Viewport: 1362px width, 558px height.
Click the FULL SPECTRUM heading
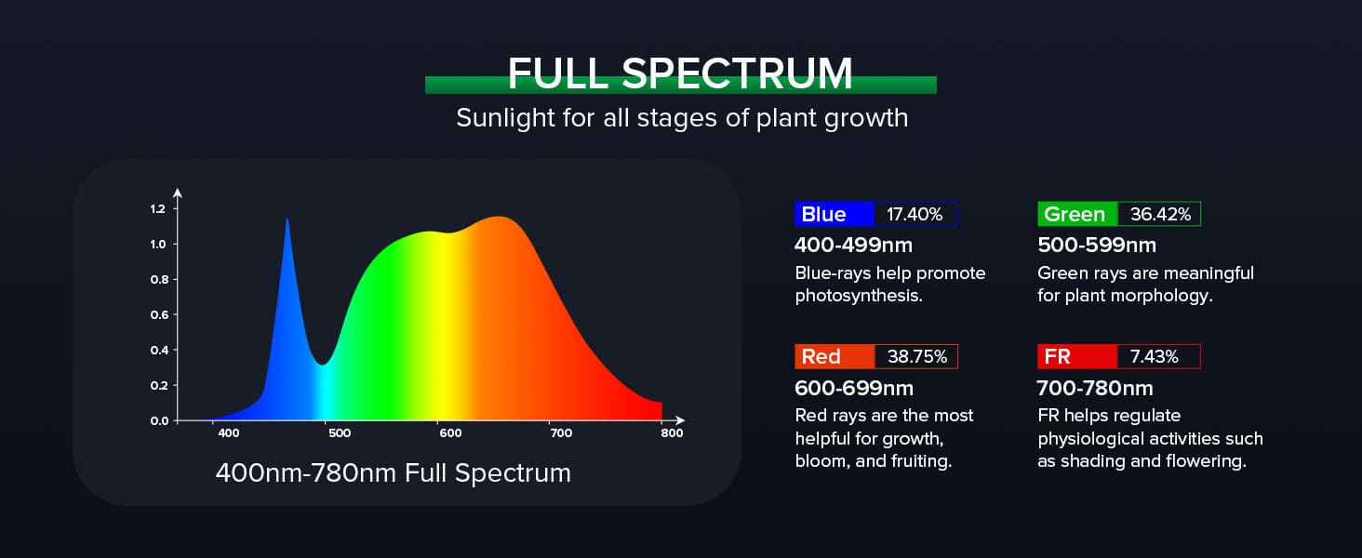(680, 74)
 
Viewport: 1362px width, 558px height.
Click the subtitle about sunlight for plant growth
(681, 119)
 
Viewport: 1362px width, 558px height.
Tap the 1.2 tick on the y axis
(157, 209)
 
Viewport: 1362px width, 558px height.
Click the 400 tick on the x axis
(228, 433)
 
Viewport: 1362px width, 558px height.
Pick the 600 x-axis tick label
(450, 433)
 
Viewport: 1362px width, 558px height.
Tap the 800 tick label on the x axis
(672, 433)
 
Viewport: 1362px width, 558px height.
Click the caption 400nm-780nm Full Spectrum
(393, 472)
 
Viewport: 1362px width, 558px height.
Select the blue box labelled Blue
(835, 215)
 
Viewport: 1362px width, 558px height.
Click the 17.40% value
(915, 215)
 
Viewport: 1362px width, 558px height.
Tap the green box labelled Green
(1076, 215)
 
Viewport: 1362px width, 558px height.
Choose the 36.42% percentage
(1160, 215)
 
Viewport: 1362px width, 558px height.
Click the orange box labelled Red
(835, 357)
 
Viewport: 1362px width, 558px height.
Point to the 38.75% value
(916, 357)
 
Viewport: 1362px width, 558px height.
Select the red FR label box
(1076, 357)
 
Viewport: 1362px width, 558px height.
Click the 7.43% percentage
(1154, 357)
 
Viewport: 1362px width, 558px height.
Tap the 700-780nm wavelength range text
(1095, 388)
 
